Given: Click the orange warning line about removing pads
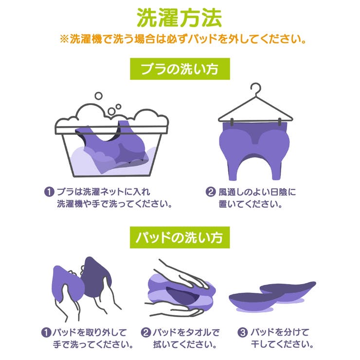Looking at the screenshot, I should pyautogui.click(x=180, y=39).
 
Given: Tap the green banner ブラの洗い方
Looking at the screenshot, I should pyautogui.click(x=180, y=70).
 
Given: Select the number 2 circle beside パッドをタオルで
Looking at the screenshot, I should pyautogui.click(x=146, y=333).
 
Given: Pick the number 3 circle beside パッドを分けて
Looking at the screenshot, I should pyautogui.click(x=243, y=333).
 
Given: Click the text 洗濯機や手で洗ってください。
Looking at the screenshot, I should pyautogui.click(x=115, y=203).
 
